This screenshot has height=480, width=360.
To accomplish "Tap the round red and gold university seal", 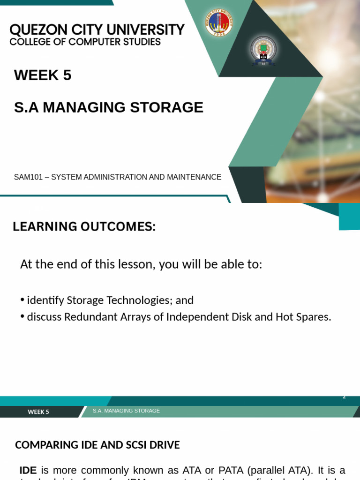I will (219, 22).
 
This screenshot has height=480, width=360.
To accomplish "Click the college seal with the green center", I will (263, 50).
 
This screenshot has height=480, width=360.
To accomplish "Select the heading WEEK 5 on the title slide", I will (43, 75).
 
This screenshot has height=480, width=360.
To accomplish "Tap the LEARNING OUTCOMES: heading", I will (84, 227).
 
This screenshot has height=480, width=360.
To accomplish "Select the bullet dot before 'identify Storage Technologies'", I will (22, 300).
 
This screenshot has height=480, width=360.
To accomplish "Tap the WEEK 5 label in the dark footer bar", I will (38, 412).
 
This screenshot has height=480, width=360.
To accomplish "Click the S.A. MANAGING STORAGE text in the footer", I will (126, 411).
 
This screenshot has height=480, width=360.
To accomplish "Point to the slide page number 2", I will (344, 397).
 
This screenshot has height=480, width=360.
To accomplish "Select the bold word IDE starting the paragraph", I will (28, 470).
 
